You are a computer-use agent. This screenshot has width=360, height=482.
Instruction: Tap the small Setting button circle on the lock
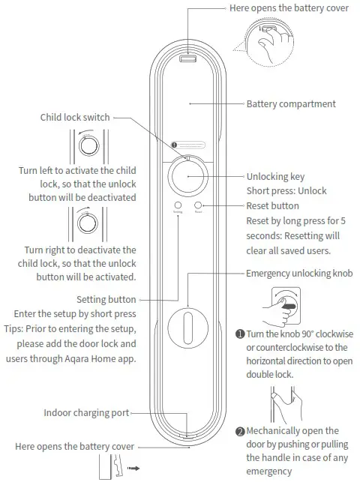coord(177,205)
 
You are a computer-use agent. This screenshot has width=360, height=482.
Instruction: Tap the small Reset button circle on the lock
coord(199,205)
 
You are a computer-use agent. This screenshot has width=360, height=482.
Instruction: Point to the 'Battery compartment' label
coord(291,103)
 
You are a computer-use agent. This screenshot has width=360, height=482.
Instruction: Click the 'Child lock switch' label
coord(75,117)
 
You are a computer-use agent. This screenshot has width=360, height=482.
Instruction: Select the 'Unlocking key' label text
coord(276,176)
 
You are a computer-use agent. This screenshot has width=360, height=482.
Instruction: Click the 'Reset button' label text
coord(273,205)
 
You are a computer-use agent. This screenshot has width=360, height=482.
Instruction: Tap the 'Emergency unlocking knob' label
coord(299,274)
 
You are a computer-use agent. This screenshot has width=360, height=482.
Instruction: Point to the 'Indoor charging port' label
coord(86,412)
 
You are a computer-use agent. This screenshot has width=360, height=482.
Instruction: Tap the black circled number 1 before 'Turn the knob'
coord(240,333)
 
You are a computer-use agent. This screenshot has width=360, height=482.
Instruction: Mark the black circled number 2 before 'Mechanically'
coord(240,431)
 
